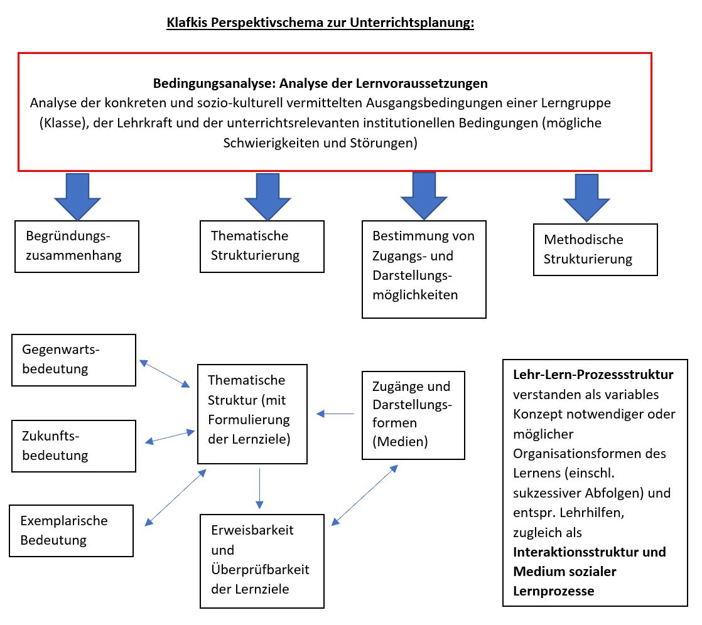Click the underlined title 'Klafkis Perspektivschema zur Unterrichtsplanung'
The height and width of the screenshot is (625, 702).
coord(320,23)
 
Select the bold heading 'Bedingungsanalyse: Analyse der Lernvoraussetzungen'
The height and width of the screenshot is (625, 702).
coord(321,83)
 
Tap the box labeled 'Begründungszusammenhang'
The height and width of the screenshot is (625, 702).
coord(77,247)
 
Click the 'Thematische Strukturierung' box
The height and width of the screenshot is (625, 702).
coord(262,247)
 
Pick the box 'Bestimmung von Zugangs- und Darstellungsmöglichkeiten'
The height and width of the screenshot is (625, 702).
coord(424,269)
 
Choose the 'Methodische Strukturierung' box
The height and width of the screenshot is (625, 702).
coord(595,250)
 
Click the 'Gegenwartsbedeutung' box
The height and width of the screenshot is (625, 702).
coord(74,360)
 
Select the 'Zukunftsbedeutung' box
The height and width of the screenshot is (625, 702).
coord(74,446)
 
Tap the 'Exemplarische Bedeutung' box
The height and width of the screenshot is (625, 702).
coord(71,531)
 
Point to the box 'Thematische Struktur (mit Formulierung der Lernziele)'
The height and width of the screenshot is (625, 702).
coord(252,414)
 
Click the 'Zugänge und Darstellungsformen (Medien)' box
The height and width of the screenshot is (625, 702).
coord(413,415)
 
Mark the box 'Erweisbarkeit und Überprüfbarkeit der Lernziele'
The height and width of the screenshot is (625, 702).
coord(262,561)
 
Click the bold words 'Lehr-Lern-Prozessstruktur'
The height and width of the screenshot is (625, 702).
coord(593,375)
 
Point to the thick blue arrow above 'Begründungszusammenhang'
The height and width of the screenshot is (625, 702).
coord(77,197)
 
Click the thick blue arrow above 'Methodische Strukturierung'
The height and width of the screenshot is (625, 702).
coord(586,198)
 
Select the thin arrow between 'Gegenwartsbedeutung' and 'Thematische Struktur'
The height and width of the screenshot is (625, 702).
coord(165,373)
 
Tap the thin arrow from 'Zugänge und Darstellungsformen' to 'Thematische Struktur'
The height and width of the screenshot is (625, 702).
coord(335,414)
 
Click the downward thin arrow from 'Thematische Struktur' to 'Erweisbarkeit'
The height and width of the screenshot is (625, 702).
coord(260,489)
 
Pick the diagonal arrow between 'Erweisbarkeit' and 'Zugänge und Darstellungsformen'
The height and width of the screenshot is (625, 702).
coord(364,495)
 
